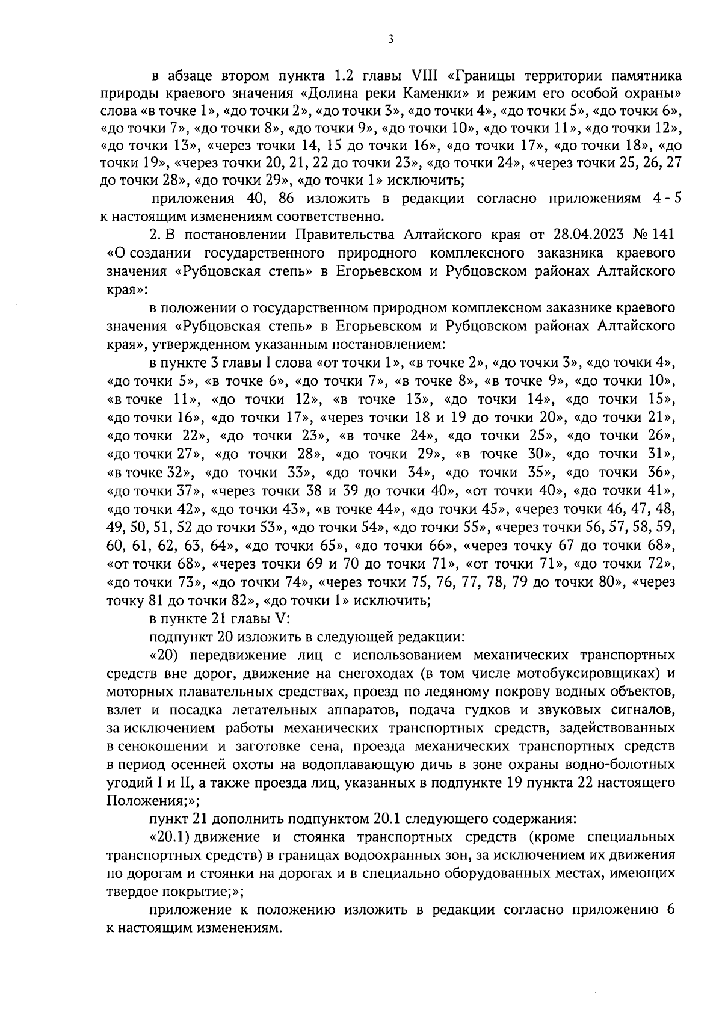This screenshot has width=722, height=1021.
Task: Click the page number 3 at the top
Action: point(390,40)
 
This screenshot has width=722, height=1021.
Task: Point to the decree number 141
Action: point(664,233)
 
